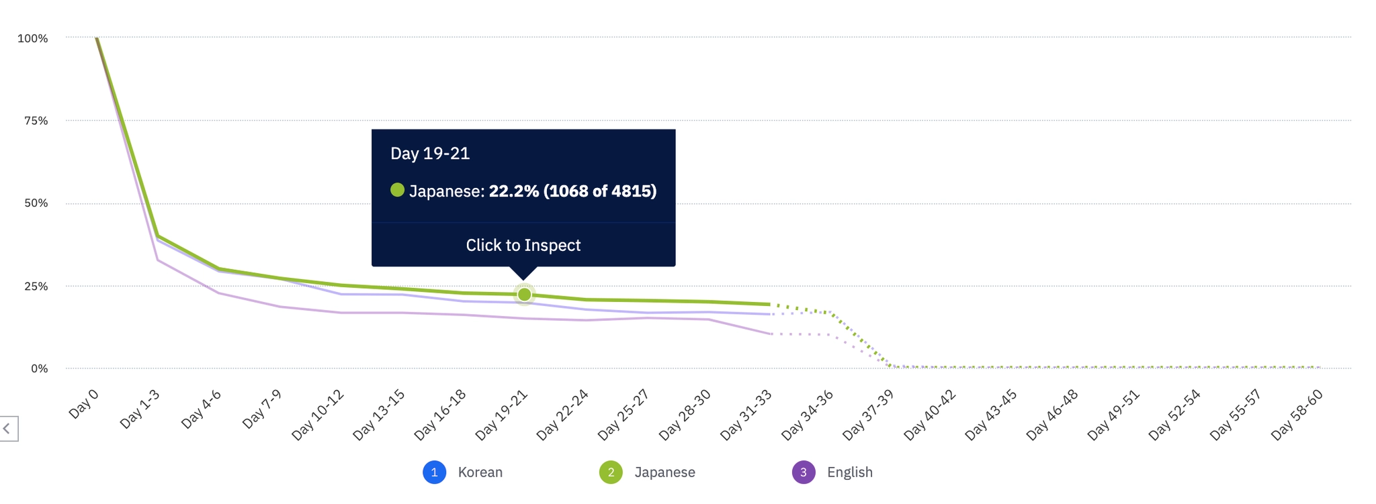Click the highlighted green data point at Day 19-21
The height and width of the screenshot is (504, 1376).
pos(524,295)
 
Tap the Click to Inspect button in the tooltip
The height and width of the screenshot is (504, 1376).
pos(523,245)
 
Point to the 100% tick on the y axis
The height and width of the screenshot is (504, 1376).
pos(33,39)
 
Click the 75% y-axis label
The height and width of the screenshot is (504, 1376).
pos(36,121)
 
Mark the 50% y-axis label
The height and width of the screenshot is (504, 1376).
pos(36,203)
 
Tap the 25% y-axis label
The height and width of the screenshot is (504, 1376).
pos(36,287)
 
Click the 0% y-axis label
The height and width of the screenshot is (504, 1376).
pos(39,368)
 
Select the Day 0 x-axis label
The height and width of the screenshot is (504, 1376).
pos(84,403)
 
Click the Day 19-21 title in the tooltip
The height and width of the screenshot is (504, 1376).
pos(430,154)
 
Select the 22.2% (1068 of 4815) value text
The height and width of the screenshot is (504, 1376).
pos(572,191)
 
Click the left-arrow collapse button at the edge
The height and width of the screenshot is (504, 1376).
pos(7,428)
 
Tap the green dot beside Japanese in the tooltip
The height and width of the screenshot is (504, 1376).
pos(398,191)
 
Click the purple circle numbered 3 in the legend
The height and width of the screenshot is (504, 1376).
pos(804,472)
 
